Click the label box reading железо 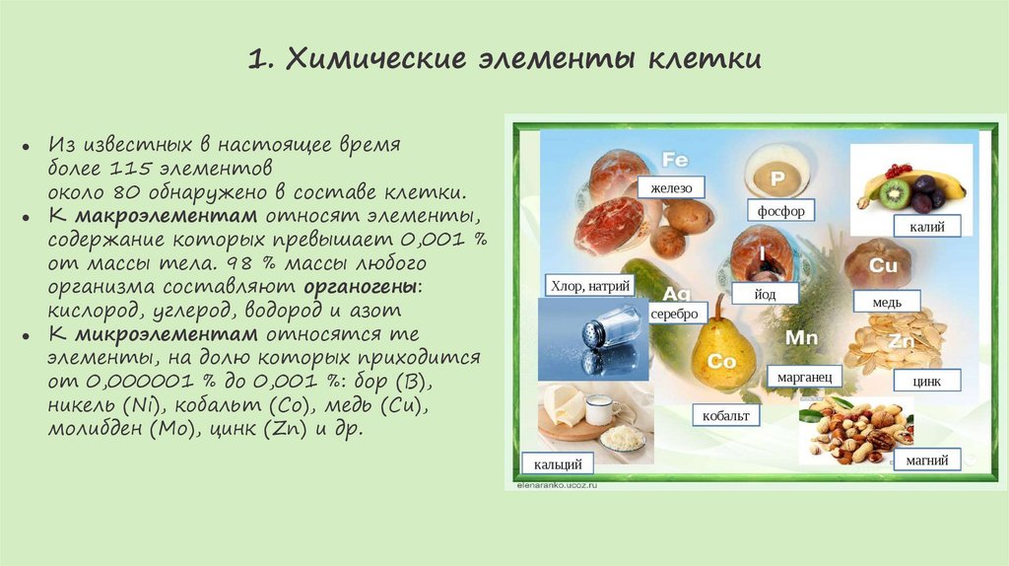click(671, 187)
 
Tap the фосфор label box click(781, 211)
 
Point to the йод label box click(768, 295)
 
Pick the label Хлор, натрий click(589, 287)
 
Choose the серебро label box click(674, 313)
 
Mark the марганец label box click(804, 377)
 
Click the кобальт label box click(726, 416)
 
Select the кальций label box click(558, 463)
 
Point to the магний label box click(926, 460)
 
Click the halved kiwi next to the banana click(896, 192)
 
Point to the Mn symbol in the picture click(801, 338)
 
